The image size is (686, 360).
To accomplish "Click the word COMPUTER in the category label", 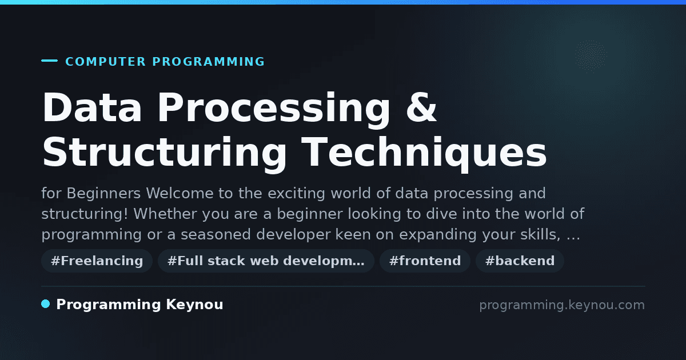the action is point(106,62).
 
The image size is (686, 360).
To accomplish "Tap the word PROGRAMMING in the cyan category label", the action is point(209,62).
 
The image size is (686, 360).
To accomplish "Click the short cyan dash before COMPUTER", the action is point(49,61).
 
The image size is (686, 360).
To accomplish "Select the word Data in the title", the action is point(92,107).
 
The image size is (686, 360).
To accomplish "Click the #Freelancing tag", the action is point(97,261).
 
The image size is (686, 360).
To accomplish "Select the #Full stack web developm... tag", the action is point(266,261).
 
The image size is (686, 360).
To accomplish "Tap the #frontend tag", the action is point(425,261).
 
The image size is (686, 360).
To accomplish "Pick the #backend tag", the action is point(520,261).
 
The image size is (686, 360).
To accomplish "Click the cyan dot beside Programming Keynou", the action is point(45,304).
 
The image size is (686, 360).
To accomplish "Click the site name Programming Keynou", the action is point(139,305).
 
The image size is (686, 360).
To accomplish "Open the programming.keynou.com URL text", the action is point(562,305).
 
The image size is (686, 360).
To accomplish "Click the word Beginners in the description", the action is point(103,194).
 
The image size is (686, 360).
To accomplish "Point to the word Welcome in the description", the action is point(180,194).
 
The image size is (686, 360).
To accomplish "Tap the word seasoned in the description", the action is point(216,234).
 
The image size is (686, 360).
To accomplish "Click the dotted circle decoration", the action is point(591,56).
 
